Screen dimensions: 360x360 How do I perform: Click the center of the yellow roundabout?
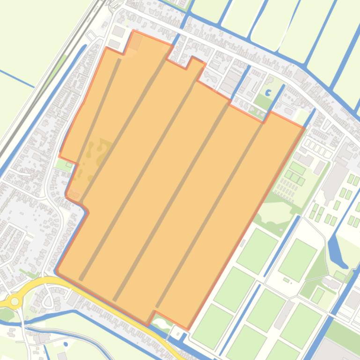pyautogui.click(x=15, y=302)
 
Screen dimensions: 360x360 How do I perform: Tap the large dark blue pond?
pyautogui.click(x=336, y=248)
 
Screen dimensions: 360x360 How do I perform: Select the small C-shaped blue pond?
pyautogui.click(x=268, y=93)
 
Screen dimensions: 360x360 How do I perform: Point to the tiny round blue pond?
pyautogui.click(x=66, y=345)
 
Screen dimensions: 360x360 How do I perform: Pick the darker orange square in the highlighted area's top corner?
pyautogui.click(x=136, y=42)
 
